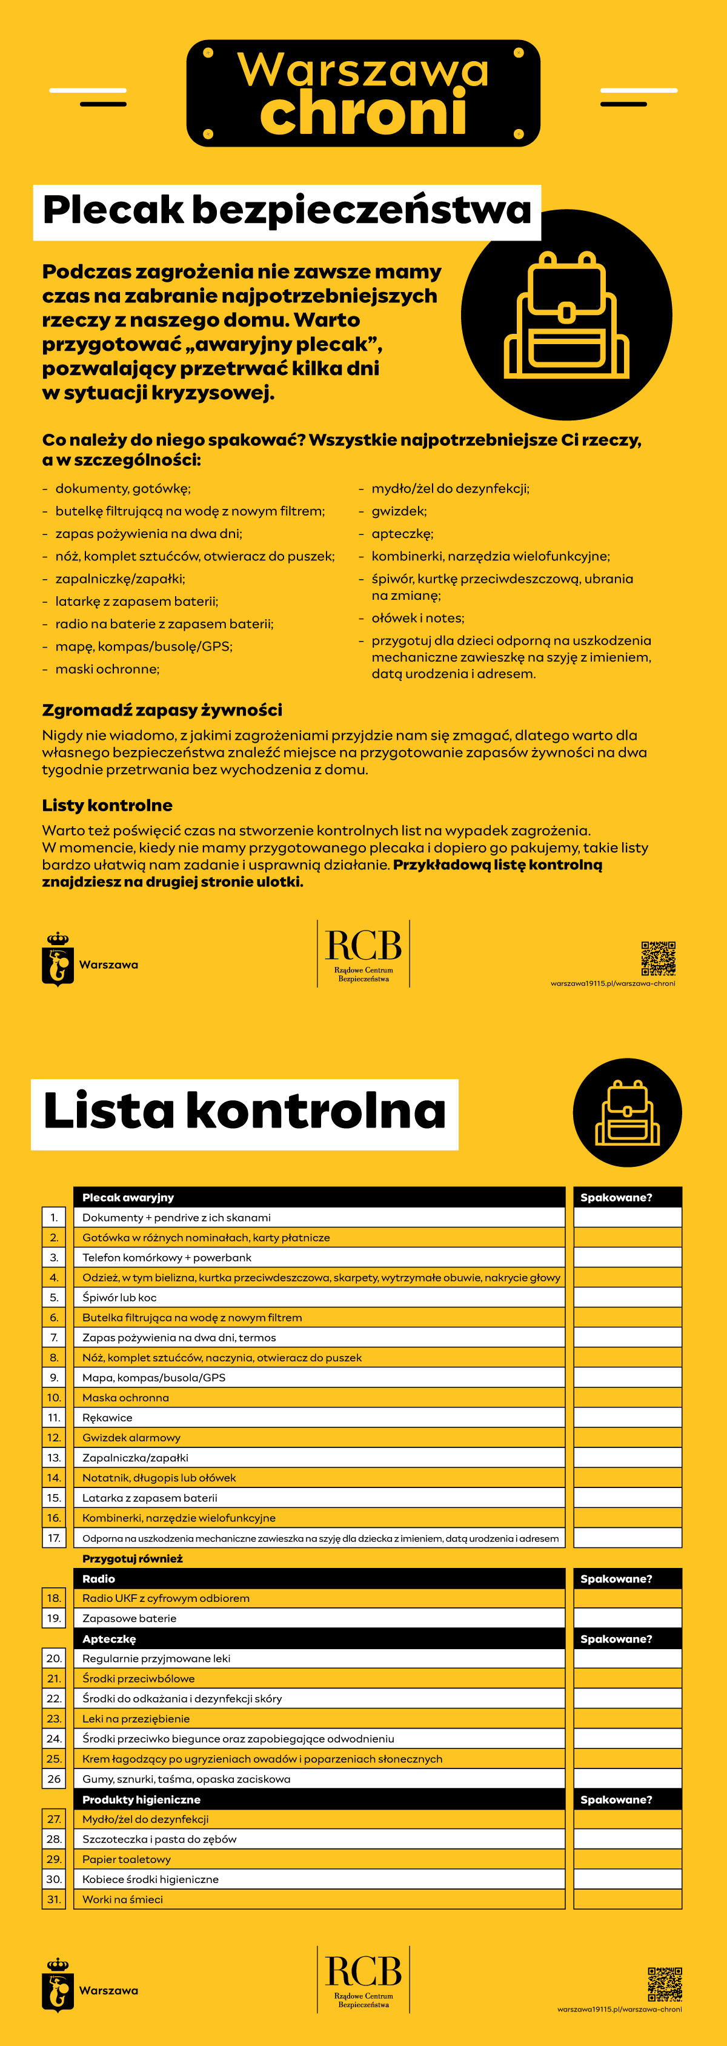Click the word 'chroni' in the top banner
[363, 113]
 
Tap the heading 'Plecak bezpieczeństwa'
[287, 210]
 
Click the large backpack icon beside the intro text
[566, 315]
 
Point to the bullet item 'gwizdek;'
[399, 511]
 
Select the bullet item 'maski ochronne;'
[107, 669]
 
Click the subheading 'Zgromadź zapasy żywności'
[162, 710]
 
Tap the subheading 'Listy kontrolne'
[107, 805]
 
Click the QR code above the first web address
[658, 958]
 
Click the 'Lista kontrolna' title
[245, 1111]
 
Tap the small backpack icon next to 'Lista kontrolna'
[628, 1113]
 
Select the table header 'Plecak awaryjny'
[128, 1197]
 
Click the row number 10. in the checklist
[54, 1398]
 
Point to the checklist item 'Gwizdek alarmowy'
[132, 1438]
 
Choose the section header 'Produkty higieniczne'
[141, 1799]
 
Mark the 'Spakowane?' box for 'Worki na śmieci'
[628, 1899]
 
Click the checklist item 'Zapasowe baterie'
[130, 1618]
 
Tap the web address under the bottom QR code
[619, 2008]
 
